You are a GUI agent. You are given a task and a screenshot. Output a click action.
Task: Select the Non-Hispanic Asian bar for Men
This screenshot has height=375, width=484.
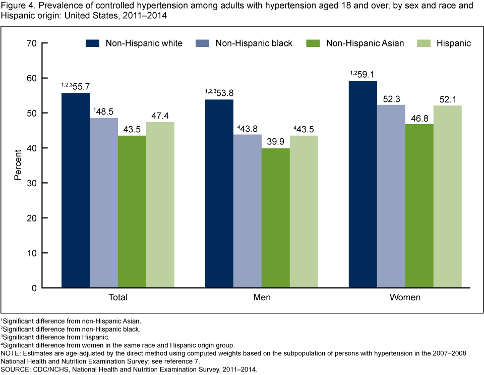(x=275, y=218)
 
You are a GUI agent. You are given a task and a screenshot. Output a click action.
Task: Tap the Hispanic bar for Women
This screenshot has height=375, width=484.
(x=447, y=197)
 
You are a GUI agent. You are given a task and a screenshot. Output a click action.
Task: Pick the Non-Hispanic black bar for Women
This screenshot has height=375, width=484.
(x=390, y=196)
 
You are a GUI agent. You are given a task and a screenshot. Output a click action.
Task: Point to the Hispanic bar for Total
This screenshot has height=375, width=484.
(x=160, y=205)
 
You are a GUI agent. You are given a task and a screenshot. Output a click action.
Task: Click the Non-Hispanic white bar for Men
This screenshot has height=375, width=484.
(x=219, y=194)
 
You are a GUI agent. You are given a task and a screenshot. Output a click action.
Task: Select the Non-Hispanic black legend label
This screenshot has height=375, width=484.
(x=254, y=43)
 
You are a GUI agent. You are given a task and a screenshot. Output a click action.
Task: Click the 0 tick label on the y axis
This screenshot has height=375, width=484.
(x=33, y=288)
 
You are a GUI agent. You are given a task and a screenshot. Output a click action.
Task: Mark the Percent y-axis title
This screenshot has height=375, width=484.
(x=18, y=166)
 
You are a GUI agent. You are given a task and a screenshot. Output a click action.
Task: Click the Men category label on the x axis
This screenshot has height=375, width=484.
(x=262, y=297)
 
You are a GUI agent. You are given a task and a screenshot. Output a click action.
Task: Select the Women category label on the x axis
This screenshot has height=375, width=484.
(x=405, y=297)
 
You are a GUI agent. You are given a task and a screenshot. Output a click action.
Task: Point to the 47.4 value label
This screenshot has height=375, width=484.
(x=161, y=115)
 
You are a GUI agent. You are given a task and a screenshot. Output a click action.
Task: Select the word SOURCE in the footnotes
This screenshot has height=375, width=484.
(x=16, y=370)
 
